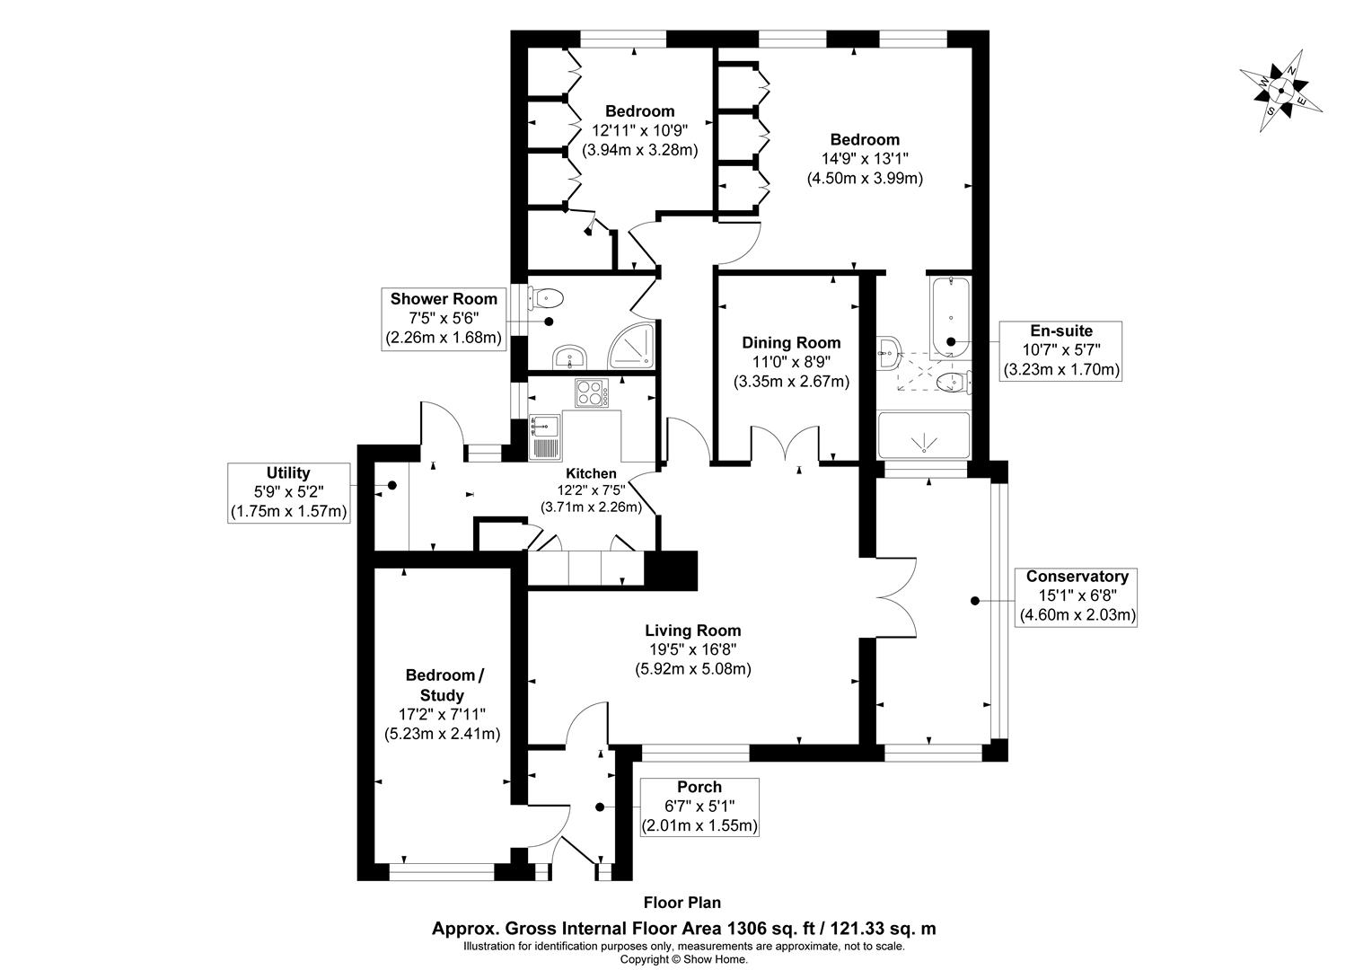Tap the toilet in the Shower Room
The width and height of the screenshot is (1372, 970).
pyautogui.click(x=547, y=296)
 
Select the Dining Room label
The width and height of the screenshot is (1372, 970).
pyautogui.click(x=791, y=342)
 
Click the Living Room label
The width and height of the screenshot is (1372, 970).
pyautogui.click(x=693, y=630)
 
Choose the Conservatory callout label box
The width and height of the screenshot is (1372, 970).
pyautogui.click(x=1077, y=595)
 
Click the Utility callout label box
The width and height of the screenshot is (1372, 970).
pyautogui.click(x=288, y=492)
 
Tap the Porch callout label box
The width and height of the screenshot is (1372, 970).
pyautogui.click(x=699, y=807)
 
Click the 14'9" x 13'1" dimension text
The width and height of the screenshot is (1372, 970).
pyautogui.click(x=865, y=159)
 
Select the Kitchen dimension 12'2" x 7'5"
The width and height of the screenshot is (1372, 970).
pyautogui.click(x=590, y=490)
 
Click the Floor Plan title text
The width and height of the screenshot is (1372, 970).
pyautogui.click(x=682, y=903)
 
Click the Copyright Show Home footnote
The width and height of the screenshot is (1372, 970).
pyautogui.click(x=684, y=959)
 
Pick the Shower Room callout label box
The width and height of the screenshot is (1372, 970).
pyautogui.click(x=444, y=319)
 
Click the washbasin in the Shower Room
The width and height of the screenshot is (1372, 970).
pyautogui.click(x=569, y=357)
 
